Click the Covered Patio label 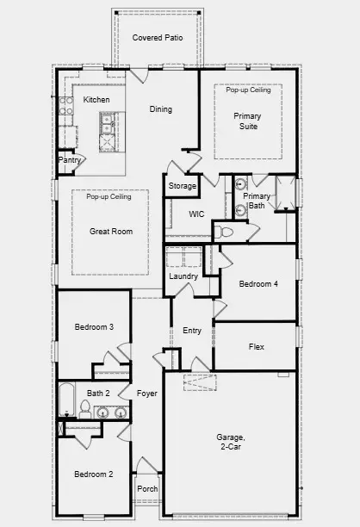point(158,39)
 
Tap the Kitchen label point(96,101)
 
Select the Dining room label point(161,109)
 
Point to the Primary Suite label point(248,121)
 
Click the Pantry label point(69,160)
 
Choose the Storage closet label point(182,186)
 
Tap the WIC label point(196,214)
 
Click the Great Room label point(111,232)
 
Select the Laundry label point(184,276)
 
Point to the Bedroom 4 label point(258,284)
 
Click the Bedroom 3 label point(94,327)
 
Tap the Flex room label point(256,347)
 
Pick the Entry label point(192,331)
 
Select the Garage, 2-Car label point(231,443)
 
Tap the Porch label point(147,489)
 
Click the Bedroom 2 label point(93,474)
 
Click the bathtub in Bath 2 point(67,401)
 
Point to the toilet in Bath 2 point(86,406)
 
